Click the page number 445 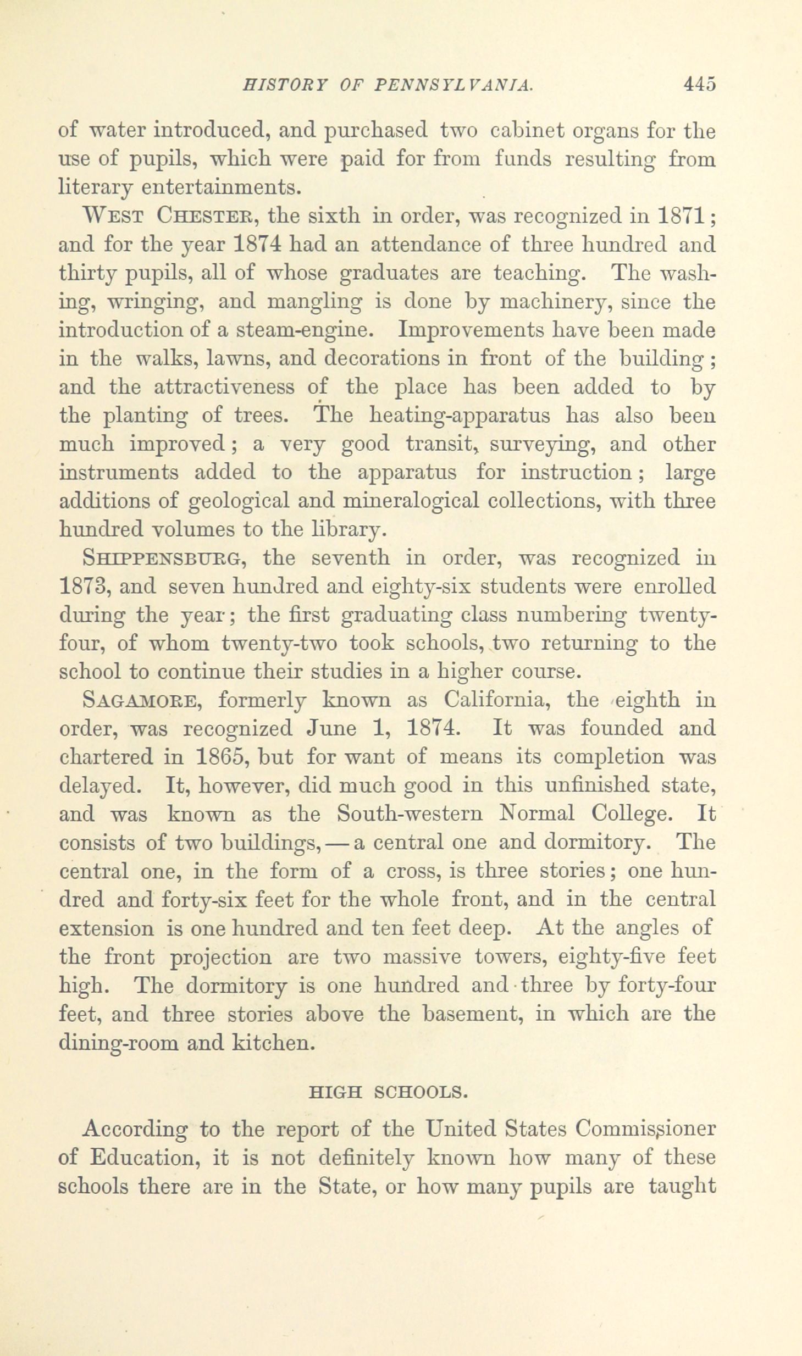699,84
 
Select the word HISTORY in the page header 278,85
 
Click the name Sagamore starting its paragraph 140,700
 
